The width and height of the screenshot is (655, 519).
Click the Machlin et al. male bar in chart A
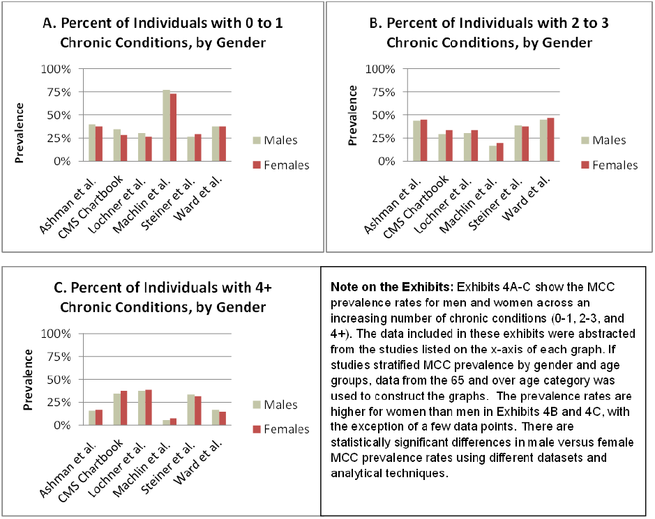[167, 125]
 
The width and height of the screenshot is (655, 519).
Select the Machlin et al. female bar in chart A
[173, 127]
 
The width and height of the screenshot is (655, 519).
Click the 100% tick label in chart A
[56, 70]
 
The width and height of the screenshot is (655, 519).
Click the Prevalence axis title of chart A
[21, 132]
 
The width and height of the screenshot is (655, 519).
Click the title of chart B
[489, 33]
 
